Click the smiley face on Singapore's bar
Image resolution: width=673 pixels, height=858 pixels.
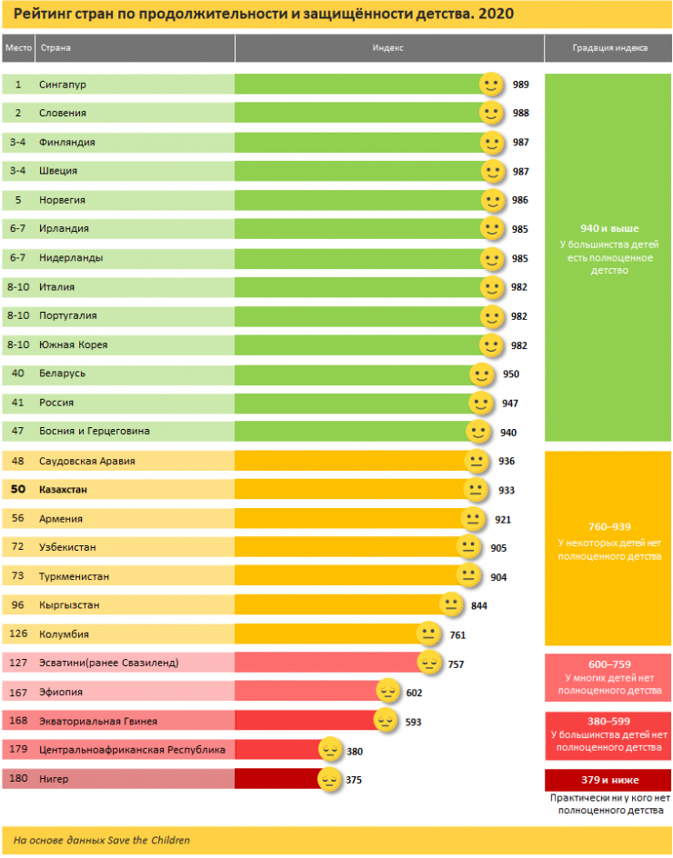492,85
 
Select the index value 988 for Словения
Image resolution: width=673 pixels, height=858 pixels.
521,114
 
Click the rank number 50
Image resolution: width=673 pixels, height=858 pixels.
18,490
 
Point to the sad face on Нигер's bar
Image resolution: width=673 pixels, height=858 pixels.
329,779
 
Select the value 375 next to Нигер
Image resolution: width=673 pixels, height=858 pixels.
355,780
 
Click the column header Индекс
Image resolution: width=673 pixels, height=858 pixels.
388,47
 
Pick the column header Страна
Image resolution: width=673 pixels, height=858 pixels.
55,47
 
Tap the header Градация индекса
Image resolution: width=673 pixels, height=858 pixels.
609,47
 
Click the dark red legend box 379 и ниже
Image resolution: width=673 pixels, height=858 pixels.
608,780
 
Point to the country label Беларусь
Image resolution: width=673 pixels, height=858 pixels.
63,374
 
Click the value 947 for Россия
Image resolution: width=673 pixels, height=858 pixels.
509,403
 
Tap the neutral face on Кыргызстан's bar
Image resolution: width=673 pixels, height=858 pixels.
451,604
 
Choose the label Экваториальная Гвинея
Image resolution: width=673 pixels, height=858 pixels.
98,722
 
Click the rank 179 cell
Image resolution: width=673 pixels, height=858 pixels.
18,750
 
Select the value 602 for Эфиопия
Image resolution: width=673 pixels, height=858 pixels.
414,693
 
